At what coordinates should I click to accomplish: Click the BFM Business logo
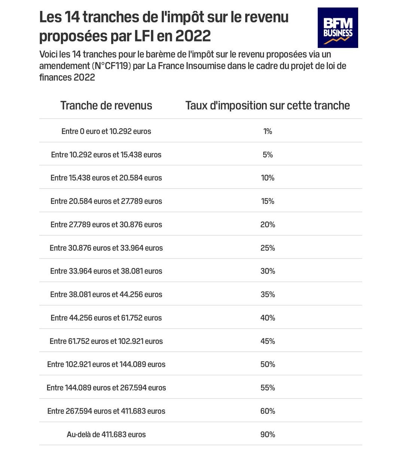338,28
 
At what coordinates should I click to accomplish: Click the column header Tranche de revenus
106,106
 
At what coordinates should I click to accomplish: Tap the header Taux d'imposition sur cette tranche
268,106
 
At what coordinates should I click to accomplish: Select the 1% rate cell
268,131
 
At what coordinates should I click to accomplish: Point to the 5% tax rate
268,155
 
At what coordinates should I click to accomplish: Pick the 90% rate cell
268,434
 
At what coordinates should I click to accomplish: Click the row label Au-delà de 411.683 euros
106,434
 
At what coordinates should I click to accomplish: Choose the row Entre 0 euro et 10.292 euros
106,131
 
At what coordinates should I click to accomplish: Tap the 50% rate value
268,364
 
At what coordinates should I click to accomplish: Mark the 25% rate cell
268,248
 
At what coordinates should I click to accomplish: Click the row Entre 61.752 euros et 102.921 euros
106,341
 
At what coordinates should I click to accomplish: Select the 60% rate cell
268,411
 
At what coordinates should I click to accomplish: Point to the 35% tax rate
268,294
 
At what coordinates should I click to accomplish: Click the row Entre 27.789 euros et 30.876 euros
106,225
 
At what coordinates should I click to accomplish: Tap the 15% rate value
268,201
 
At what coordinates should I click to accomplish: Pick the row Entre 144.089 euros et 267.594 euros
106,388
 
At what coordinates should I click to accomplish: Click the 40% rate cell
268,318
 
